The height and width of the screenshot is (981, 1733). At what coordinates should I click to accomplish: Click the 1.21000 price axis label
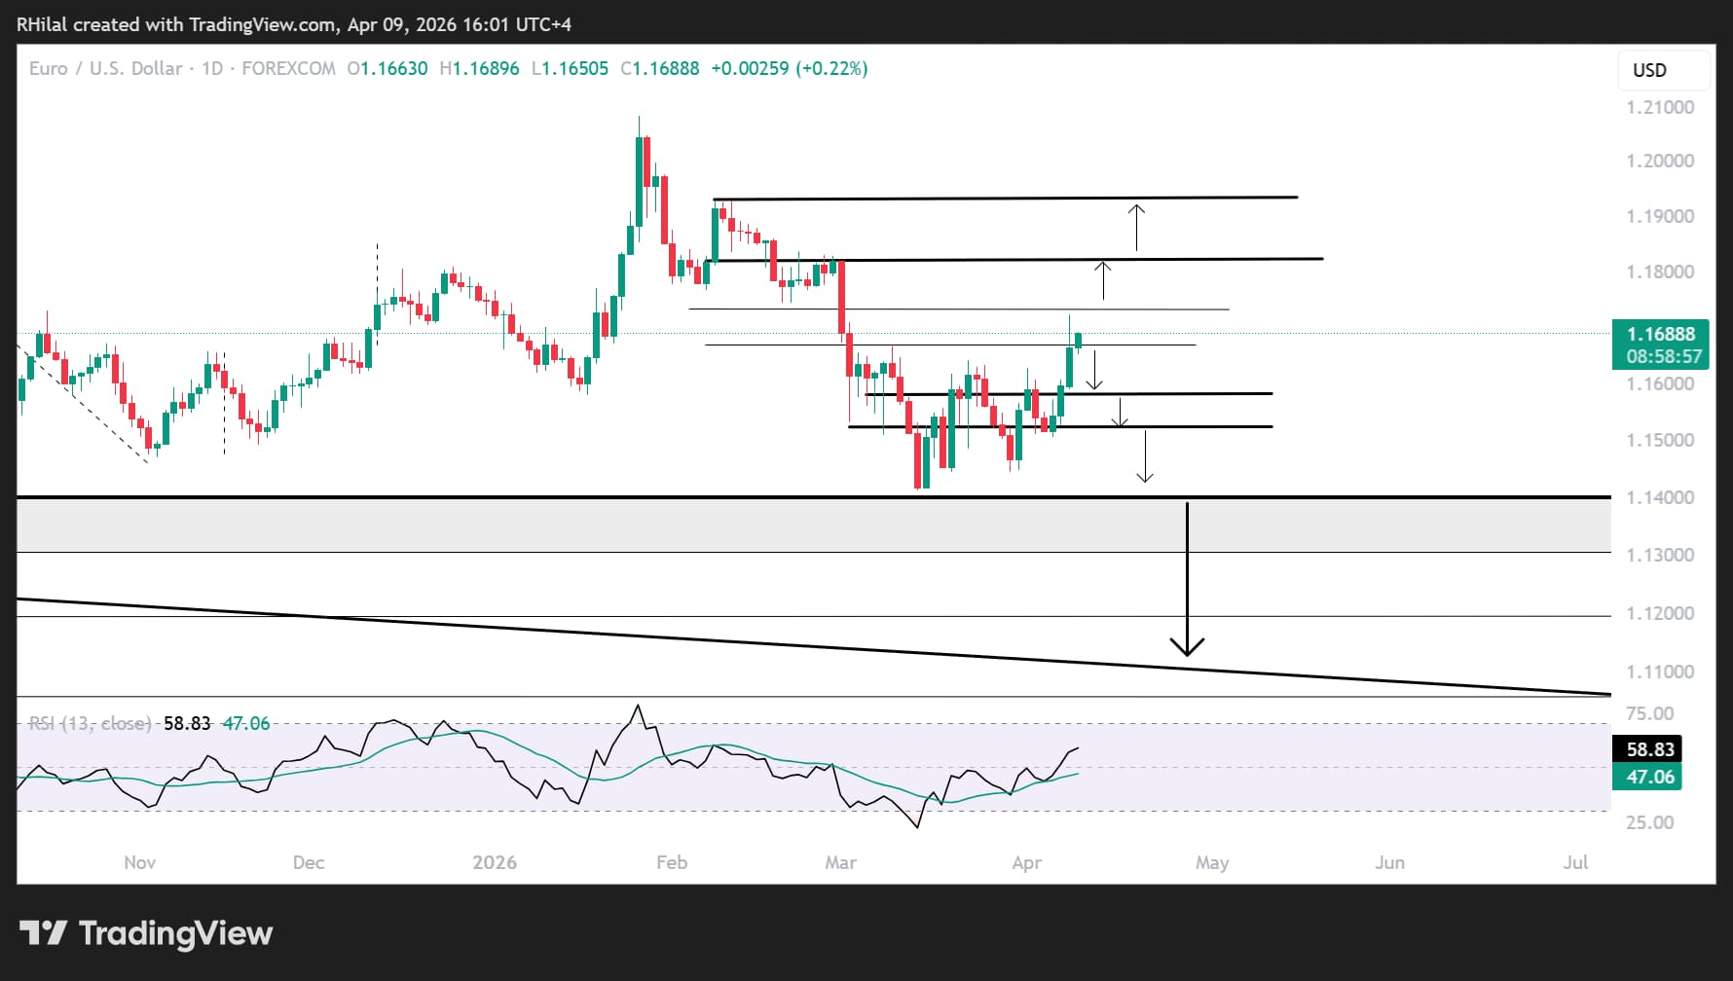pos(1660,107)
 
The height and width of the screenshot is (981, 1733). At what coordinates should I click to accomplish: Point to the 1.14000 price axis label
pos(1660,497)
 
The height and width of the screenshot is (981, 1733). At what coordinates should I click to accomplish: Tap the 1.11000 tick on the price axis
pos(1660,672)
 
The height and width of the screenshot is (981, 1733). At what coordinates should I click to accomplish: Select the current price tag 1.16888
pos(1660,334)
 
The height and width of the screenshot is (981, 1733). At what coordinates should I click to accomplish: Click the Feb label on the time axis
pos(672,862)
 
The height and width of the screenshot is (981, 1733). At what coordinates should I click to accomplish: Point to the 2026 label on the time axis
pos(495,862)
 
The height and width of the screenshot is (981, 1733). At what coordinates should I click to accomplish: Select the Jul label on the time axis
pos(1575,862)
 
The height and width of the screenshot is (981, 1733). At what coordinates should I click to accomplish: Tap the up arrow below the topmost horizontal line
pos(1136,227)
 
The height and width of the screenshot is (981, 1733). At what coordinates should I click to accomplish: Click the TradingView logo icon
pos(44,933)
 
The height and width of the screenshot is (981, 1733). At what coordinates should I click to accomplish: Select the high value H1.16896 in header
pos(479,69)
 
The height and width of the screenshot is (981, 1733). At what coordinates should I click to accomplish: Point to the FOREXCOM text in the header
pos(288,69)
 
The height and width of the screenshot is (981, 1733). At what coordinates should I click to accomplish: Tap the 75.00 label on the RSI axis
pos(1650,713)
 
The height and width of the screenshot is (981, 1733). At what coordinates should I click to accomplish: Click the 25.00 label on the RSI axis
pos(1650,822)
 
